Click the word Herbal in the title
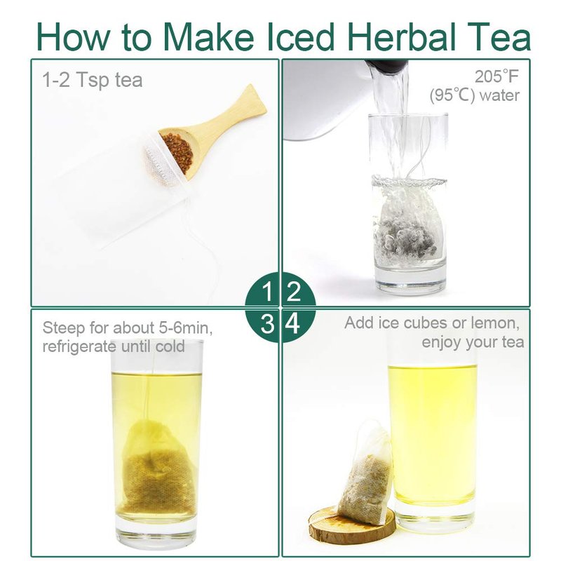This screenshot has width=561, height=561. pos(401,36)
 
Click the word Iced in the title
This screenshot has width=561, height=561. pos(301,36)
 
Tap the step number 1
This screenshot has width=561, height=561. pos(267,291)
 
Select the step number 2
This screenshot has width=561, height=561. pos(293,291)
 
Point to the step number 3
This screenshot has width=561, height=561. pos(267,324)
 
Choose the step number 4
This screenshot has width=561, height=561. pos(292,324)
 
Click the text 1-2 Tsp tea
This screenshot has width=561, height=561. pos(93,80)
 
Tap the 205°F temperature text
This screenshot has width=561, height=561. pos(496,76)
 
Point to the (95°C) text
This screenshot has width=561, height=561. pos(452,95)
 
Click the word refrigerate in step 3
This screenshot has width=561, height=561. pos(79,346)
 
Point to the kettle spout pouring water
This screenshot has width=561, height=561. pos(386,68)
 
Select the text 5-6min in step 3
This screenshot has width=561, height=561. pos(186,327)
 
